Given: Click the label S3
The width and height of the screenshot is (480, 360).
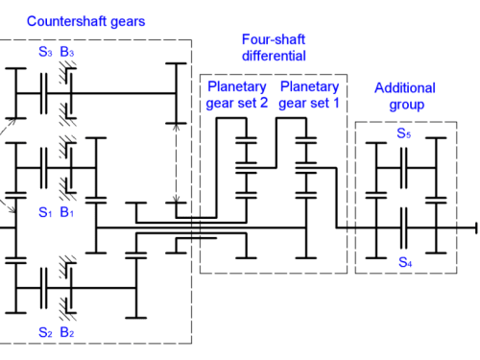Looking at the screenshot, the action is click(x=45, y=52).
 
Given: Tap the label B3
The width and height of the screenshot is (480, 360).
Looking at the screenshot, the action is click(x=67, y=52).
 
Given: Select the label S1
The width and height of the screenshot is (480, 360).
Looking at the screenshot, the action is click(x=45, y=212).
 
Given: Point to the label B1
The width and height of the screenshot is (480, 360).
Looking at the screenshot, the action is click(x=66, y=212).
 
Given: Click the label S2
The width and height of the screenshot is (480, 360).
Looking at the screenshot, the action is click(x=45, y=332).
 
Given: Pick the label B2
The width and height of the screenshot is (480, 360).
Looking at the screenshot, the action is click(x=67, y=332).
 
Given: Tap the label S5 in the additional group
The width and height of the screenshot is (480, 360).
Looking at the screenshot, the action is click(x=404, y=133).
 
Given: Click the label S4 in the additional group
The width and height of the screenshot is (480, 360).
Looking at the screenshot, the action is click(x=405, y=262).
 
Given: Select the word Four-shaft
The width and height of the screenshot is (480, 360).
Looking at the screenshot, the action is click(x=274, y=39).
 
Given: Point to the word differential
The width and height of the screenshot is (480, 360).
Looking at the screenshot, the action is click(x=274, y=56).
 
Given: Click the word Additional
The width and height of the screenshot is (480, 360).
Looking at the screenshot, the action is click(x=405, y=88).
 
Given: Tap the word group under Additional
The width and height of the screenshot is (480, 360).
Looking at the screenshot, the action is click(x=407, y=105).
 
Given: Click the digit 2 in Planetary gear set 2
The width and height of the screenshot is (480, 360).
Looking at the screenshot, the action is click(x=264, y=103).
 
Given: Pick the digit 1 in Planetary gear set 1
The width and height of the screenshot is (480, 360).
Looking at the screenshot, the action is click(x=336, y=103).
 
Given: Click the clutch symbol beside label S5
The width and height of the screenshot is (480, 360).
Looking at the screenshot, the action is click(x=404, y=168).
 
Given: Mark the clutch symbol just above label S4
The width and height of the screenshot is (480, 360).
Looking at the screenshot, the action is click(x=404, y=228).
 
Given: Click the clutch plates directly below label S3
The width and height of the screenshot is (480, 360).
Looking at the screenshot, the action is click(x=44, y=93).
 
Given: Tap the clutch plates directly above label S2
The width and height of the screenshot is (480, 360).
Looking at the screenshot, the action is click(x=44, y=288).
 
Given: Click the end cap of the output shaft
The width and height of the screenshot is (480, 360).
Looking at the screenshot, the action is click(x=476, y=228).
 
